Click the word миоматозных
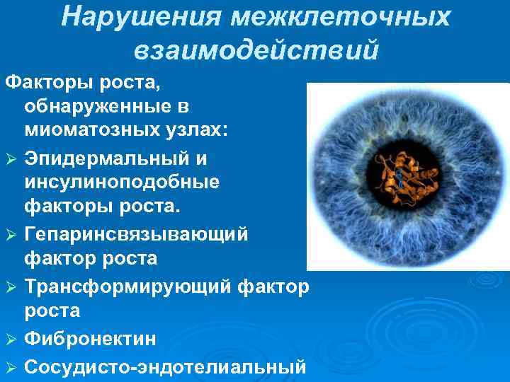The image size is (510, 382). pyautogui.click(x=92, y=131)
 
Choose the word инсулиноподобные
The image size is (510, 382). pyautogui.click(x=122, y=182)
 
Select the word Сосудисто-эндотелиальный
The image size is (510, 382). pyautogui.click(x=164, y=367)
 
